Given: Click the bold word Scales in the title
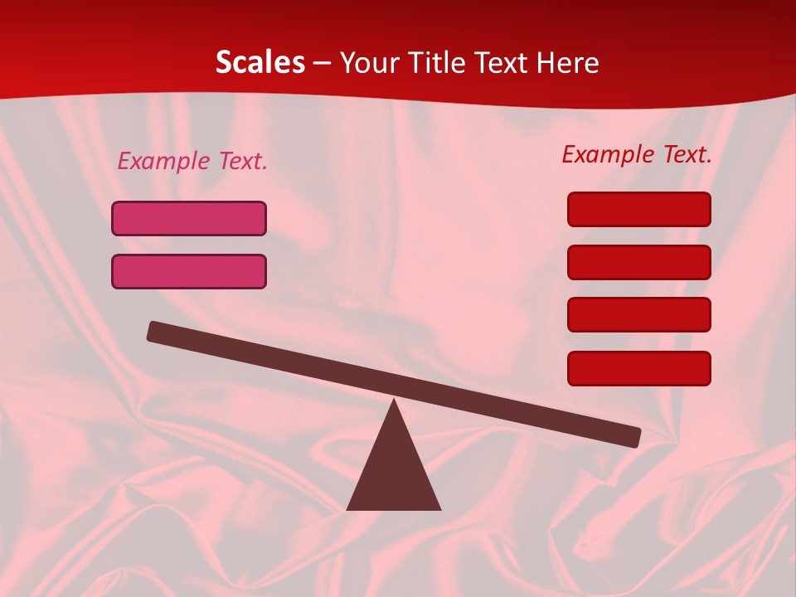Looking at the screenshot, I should point(260,62).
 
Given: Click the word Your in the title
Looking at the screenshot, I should point(370,62).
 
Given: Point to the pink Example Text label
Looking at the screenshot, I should point(192,161).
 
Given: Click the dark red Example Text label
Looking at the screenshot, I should point(637,154).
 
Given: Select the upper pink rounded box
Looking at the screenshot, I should point(189,218).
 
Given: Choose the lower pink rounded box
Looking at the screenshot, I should point(189,271).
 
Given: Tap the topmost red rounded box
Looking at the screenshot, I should point(639,209).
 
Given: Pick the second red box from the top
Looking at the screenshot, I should point(639,262).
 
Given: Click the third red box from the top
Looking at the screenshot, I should point(639,314).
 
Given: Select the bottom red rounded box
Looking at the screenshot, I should point(639,368).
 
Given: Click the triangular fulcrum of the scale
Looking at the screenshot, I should point(394,473).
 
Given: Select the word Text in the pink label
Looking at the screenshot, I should point(243,161).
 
